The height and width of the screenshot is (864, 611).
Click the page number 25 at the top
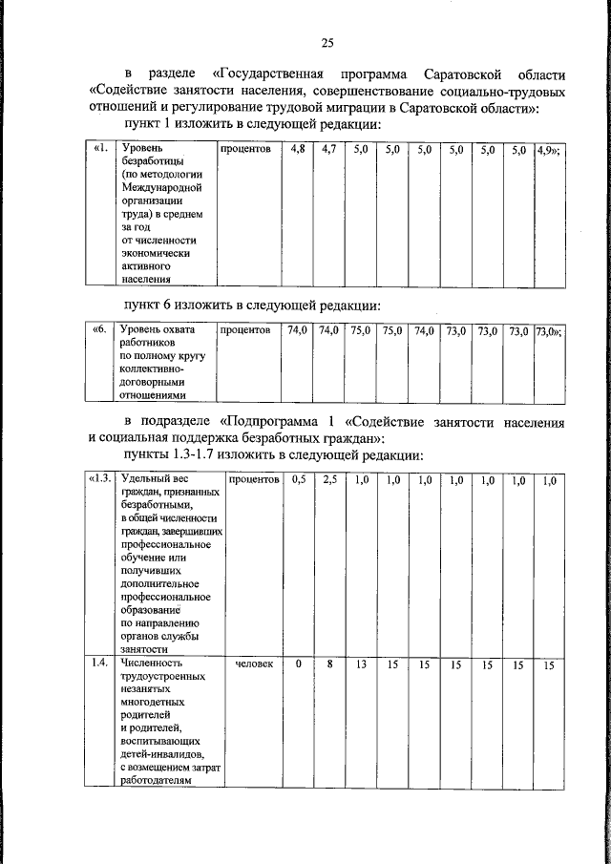(x=327, y=42)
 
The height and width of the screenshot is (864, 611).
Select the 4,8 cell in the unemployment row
(x=297, y=150)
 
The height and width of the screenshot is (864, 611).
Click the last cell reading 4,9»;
(x=548, y=150)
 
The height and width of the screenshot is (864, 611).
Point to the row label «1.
(x=100, y=150)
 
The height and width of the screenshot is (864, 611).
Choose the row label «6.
(x=99, y=330)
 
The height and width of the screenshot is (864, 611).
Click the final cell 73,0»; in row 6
(x=548, y=330)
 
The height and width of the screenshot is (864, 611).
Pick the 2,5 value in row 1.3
(x=328, y=480)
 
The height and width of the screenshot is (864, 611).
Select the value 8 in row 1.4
(x=328, y=663)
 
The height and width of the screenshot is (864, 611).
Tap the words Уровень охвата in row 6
(x=157, y=330)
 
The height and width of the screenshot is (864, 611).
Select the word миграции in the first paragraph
(x=366, y=109)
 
